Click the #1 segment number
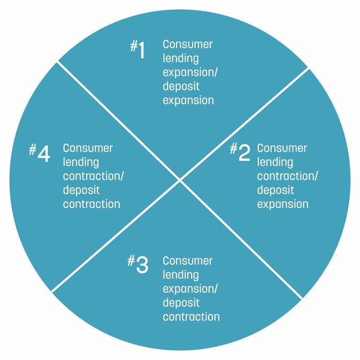click(x=137, y=49)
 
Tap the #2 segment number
click(x=240, y=151)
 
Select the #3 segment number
click(x=138, y=264)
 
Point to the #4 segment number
click(x=40, y=153)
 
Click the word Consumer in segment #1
click(x=188, y=44)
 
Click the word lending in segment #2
click(x=275, y=162)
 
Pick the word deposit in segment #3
click(x=181, y=303)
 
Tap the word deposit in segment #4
click(x=81, y=190)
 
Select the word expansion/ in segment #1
click(x=190, y=73)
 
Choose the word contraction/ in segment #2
click(x=287, y=176)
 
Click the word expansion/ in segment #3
click(x=190, y=289)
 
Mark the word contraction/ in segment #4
click(x=93, y=176)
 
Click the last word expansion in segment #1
click(x=188, y=101)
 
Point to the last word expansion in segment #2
click(x=282, y=204)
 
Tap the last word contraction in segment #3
click(x=192, y=317)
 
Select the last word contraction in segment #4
click(x=91, y=204)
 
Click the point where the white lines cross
click(x=180, y=180)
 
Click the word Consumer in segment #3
click(x=188, y=261)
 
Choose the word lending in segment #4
click(x=81, y=162)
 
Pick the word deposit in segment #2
click(x=275, y=190)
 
